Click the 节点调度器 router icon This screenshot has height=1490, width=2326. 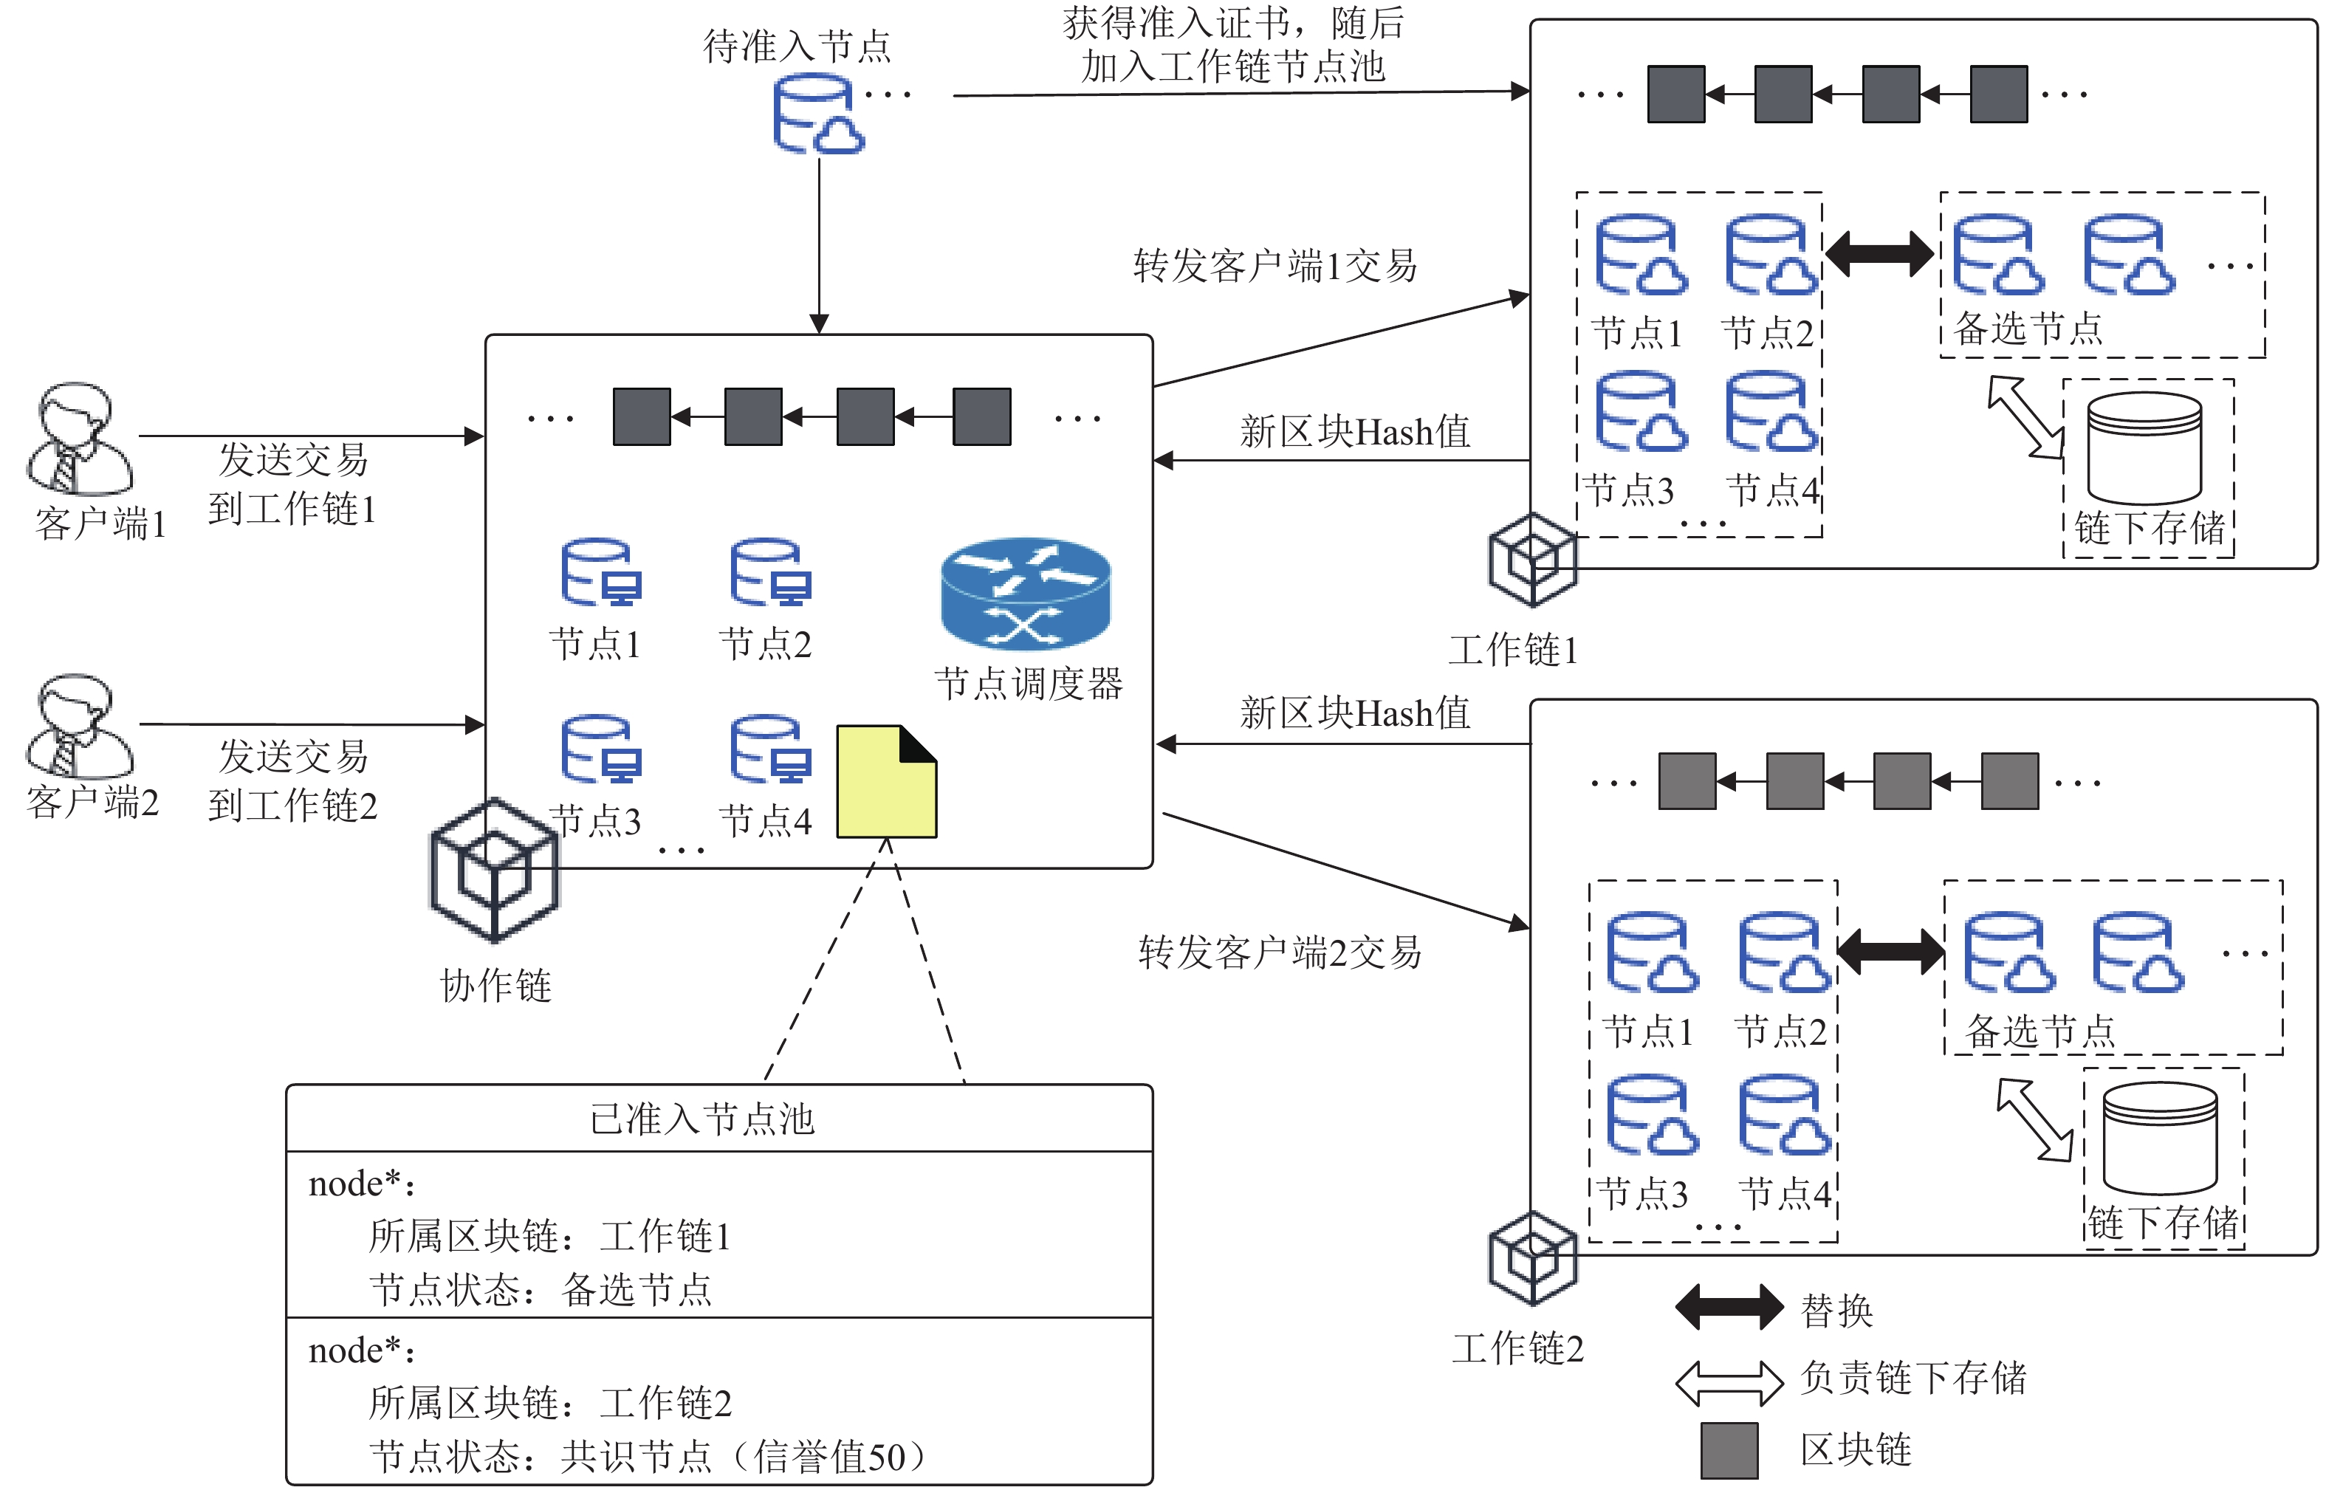[x=1026, y=593]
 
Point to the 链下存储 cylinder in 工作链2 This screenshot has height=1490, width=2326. [x=2160, y=1138]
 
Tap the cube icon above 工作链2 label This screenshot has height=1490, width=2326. [x=1533, y=1258]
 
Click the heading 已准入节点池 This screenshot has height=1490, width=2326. [x=702, y=1119]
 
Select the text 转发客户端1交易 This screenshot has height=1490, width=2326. [x=1275, y=266]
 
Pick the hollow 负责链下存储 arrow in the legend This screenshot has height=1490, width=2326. [x=1729, y=1383]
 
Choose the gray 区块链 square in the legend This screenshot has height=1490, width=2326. [x=1729, y=1450]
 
